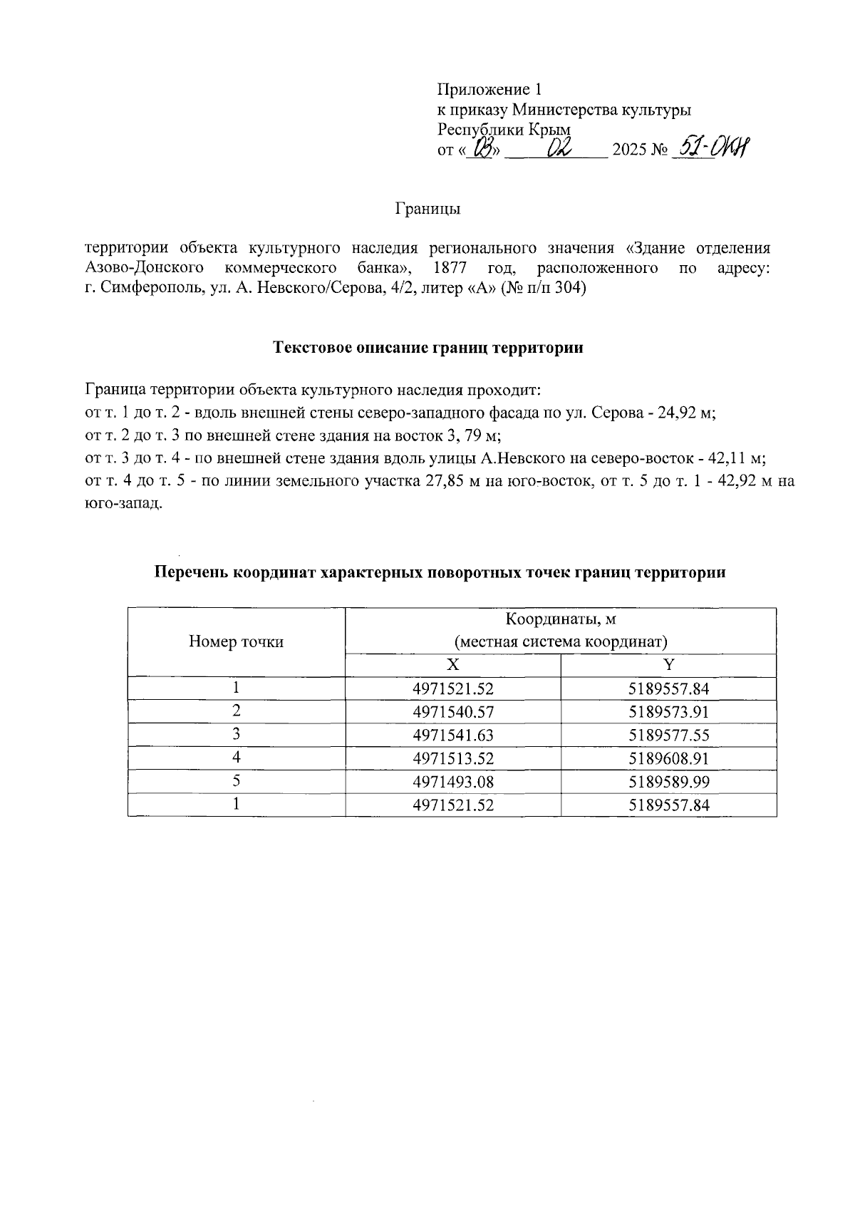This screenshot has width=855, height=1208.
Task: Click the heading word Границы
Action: (x=427, y=209)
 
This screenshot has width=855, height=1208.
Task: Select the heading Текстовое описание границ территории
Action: (x=428, y=348)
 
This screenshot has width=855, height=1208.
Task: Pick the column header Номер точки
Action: (x=236, y=641)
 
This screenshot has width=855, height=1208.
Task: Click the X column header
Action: (x=452, y=665)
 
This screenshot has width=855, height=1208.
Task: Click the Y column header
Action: (x=668, y=665)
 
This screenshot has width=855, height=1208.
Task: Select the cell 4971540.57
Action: (x=453, y=712)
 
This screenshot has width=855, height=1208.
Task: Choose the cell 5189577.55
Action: (x=668, y=735)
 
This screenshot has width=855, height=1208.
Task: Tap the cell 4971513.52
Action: (x=453, y=758)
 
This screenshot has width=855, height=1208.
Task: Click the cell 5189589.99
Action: (x=668, y=782)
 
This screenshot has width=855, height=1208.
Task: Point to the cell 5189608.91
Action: (x=668, y=758)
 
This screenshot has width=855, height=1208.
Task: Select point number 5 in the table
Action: (x=236, y=781)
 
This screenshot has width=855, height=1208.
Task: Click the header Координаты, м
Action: (x=560, y=619)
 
